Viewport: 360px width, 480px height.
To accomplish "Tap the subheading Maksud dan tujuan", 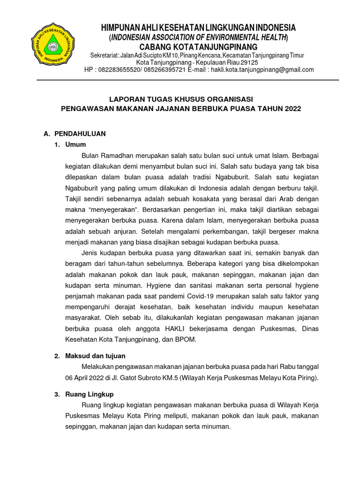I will pos(97,356).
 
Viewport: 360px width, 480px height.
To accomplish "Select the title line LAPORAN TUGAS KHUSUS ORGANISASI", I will pos(181,99).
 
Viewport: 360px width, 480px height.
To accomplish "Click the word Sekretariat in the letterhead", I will pos(103,55).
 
